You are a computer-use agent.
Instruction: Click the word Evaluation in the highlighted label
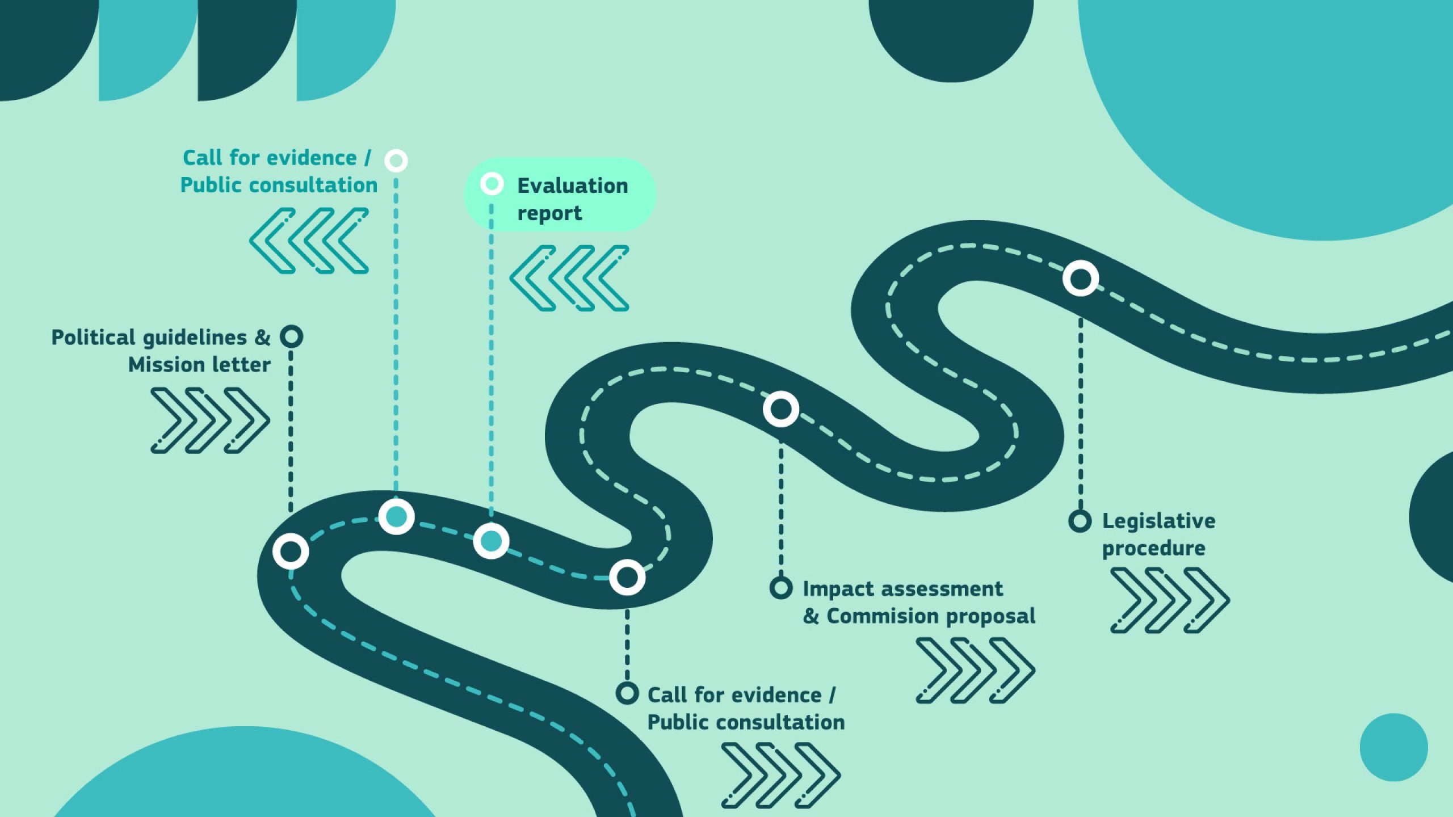coord(573,186)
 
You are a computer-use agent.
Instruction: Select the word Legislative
coord(1158,521)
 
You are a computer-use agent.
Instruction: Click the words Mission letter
coord(199,365)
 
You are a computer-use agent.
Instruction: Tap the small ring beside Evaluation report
coord(492,184)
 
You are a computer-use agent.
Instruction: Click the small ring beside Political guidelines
coord(291,336)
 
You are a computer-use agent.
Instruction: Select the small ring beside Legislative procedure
coord(1080,521)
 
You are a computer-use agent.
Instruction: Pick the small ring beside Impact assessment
coord(781,588)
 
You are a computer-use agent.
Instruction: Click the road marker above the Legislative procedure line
coord(1081,279)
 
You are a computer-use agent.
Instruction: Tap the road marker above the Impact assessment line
coord(781,409)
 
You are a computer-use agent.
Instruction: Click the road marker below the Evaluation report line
coord(491,541)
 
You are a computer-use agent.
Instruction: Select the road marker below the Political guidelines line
coord(291,551)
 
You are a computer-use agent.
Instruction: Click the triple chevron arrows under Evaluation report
coord(569,278)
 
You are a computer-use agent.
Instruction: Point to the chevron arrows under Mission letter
coord(210,420)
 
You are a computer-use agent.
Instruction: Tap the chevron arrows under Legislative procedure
coord(1170,600)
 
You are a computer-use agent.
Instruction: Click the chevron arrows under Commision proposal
coord(975,670)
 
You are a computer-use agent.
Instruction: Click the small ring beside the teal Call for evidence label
coord(396,161)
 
